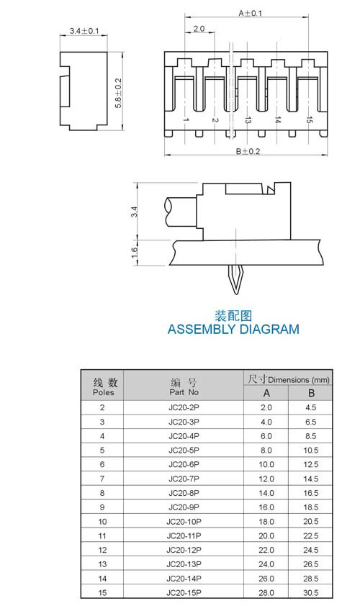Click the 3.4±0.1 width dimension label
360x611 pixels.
tap(84, 31)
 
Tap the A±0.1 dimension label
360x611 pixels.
tap(251, 13)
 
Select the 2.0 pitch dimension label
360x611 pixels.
tap(199, 29)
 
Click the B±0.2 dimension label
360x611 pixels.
tap(248, 151)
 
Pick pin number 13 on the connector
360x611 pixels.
tap(247, 120)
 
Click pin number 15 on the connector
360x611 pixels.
tap(309, 120)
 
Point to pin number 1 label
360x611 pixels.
tap(186, 120)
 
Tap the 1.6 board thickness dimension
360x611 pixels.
tap(134, 253)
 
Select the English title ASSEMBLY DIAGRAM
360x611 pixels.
tap(233, 330)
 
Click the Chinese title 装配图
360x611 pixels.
tap(233, 316)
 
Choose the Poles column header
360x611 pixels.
tap(104, 392)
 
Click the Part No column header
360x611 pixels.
tap(184, 392)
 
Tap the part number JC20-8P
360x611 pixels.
tap(184, 493)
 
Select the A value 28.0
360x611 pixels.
tap(266, 593)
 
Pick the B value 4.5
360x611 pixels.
tap(311, 407)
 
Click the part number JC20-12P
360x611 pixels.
tap(184, 550)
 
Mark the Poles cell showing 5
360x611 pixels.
tap(102, 450)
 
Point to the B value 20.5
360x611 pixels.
tap(311, 521)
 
